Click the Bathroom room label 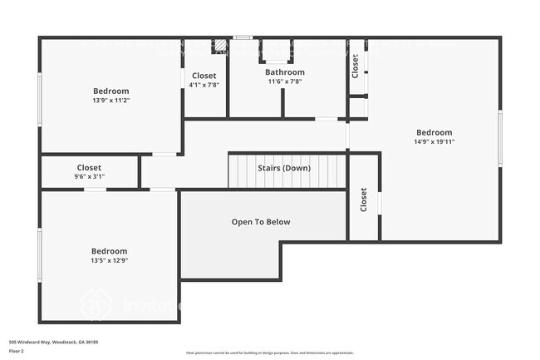point(285,72)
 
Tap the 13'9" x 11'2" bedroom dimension point(111,101)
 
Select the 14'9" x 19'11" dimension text point(434,142)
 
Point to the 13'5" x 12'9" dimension point(110,261)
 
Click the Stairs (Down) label point(284,168)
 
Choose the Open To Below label point(260,222)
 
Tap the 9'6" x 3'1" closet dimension point(89,177)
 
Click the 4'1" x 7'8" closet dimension point(204,85)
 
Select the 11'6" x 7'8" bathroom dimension point(285,81)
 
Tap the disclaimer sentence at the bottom point(269,353)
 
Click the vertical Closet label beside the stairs point(364,200)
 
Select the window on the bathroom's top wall point(242,37)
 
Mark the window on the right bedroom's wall point(500,139)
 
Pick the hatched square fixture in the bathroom point(220,47)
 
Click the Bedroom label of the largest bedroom point(434,132)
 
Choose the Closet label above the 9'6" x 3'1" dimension point(89,168)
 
